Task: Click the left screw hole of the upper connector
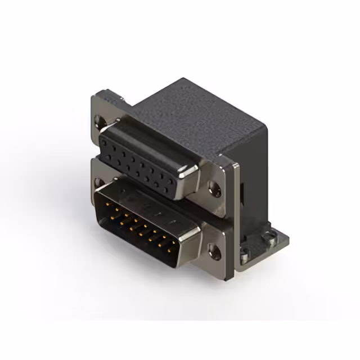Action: pos(101,120)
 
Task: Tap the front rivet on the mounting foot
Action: pos(245,258)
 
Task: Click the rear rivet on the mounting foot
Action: pos(271,238)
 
